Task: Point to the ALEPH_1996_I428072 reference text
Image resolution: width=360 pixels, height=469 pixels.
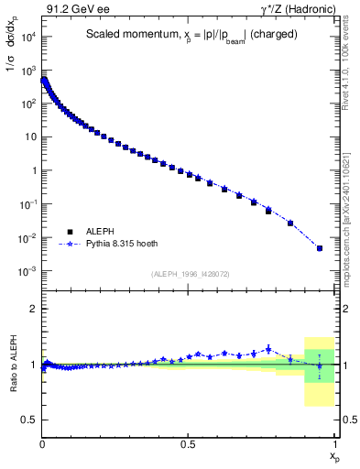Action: (x=189, y=273)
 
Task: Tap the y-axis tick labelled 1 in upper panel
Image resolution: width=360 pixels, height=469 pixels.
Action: (x=34, y=170)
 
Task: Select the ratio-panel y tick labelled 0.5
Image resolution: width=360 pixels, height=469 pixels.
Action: (x=31, y=420)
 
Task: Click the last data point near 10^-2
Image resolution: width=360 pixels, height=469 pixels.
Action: (x=320, y=247)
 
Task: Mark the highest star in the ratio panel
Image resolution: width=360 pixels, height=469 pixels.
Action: (x=268, y=348)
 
